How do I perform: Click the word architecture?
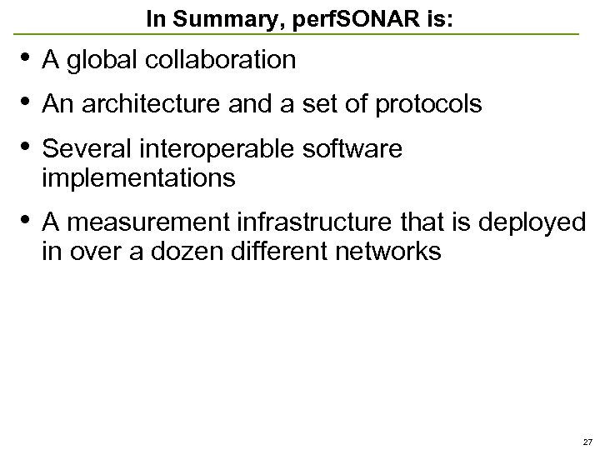147,104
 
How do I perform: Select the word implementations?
138,177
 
